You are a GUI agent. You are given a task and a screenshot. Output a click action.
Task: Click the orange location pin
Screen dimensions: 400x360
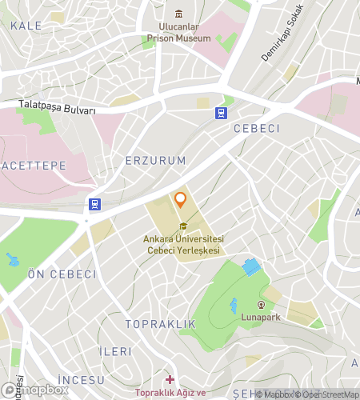[181, 199]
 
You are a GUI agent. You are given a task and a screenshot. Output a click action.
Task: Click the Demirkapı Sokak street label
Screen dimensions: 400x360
[283, 34]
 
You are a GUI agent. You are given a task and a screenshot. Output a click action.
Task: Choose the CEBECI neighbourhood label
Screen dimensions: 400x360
[257, 129]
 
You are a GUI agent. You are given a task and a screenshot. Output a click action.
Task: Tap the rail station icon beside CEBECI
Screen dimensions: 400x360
[220, 114]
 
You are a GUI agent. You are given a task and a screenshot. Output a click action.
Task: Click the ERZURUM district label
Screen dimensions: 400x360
[155, 161]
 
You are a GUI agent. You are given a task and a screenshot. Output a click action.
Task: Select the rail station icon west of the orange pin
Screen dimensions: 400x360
[94, 204]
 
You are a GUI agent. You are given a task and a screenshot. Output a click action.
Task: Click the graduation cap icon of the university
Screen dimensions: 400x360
[183, 226]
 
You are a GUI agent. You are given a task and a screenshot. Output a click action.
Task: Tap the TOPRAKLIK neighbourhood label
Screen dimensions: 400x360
[160, 324]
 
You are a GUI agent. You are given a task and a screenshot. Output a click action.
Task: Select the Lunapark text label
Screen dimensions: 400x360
[261, 316]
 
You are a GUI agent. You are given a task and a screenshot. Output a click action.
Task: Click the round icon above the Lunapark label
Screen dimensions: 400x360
[261, 305]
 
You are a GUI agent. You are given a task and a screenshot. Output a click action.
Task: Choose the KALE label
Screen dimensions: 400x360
[26, 26]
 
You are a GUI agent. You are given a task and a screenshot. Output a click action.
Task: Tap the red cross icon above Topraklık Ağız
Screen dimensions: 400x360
[170, 379]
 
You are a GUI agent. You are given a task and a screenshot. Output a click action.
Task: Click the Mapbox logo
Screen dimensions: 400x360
[35, 390]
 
